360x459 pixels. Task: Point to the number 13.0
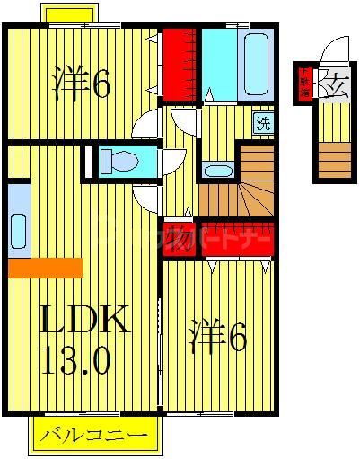point(75,361)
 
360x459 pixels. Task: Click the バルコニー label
point(92,437)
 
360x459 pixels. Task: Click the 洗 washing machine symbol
point(261,122)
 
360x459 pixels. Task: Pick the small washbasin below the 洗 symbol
point(216,170)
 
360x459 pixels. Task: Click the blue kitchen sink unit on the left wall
point(18,221)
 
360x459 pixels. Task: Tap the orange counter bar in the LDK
point(44,268)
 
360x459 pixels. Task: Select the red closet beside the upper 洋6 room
point(179,59)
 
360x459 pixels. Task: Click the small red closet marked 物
point(178,232)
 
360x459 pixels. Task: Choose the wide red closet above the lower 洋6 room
point(235,237)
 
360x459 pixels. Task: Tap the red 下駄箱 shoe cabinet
point(304,84)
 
